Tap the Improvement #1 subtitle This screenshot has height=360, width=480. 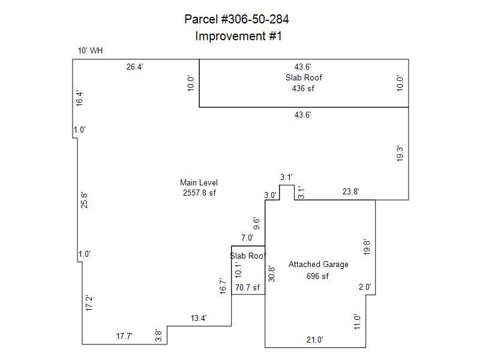click(x=238, y=36)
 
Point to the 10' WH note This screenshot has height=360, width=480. click(x=90, y=51)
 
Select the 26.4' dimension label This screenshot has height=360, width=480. click(x=134, y=67)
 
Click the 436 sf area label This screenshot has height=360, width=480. click(x=303, y=88)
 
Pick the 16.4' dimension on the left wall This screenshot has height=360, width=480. click(x=79, y=98)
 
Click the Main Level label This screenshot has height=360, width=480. click(x=199, y=183)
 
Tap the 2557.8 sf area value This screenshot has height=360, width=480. click(x=199, y=193)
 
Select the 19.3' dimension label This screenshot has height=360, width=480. click(x=400, y=154)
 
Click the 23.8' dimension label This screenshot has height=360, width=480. click(x=351, y=192)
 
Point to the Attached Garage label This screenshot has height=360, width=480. click(x=318, y=265)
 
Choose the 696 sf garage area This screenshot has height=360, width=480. click(x=318, y=277)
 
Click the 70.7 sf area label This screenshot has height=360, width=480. click(x=247, y=288)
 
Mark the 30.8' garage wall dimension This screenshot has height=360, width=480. click(x=271, y=274)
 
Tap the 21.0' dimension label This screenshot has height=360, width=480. click(x=315, y=340)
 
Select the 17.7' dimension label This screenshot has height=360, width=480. click(x=124, y=337)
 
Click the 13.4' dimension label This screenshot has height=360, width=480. click(x=199, y=319)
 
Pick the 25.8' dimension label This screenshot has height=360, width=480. click(x=85, y=200)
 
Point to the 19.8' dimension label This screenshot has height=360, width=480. click(x=367, y=247)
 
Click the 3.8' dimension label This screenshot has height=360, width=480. click(x=159, y=336)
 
